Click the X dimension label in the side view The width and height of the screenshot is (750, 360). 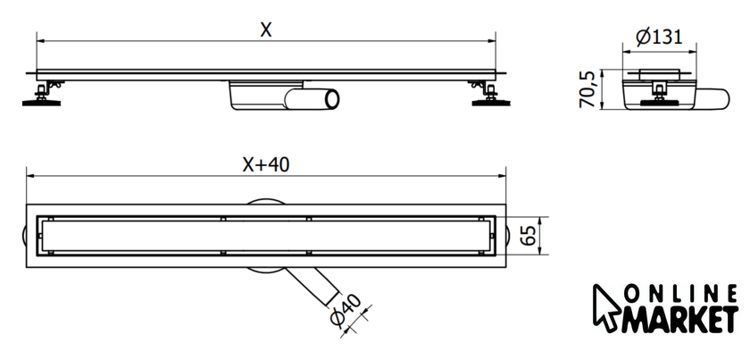(265, 29)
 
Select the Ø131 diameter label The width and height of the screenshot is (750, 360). (660, 37)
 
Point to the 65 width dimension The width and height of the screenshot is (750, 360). (529, 237)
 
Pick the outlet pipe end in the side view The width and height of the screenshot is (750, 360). (331, 98)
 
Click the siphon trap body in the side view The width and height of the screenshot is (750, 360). (254, 96)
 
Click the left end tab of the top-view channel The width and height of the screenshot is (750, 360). (22, 236)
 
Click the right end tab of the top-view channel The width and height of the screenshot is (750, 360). (510, 236)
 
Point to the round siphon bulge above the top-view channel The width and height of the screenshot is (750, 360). (264, 203)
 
